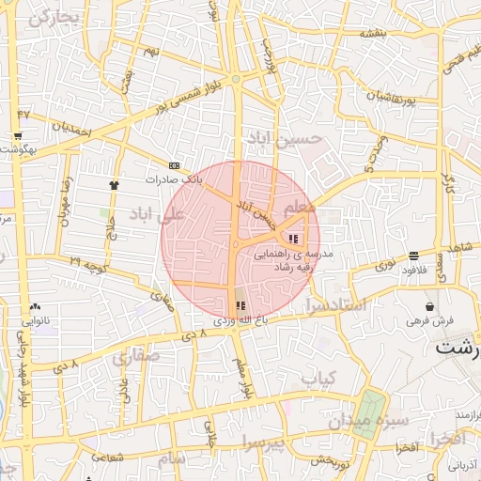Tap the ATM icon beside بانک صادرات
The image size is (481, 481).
click(x=174, y=164)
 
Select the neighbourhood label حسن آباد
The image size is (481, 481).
click(x=284, y=140)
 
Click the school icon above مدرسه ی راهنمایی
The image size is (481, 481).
click(x=293, y=238)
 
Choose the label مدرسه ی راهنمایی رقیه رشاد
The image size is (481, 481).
click(x=303, y=261)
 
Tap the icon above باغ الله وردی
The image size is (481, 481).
click(x=239, y=304)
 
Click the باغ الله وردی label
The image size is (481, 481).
click(x=240, y=320)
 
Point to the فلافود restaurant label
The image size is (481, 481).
click(x=413, y=270)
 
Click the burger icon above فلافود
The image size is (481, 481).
click(x=413, y=256)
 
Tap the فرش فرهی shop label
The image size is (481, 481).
click(x=430, y=320)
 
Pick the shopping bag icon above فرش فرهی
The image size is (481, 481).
click(x=430, y=306)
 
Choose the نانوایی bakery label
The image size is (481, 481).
click(x=36, y=320)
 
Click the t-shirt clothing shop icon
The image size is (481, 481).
click(x=115, y=185)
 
